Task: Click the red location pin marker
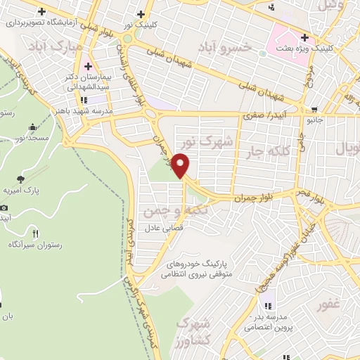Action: tap(182, 165)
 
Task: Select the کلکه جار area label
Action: tap(266, 151)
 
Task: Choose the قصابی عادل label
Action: tap(164, 228)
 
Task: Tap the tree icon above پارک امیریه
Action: tap(20, 179)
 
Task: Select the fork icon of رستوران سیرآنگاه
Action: tap(36, 232)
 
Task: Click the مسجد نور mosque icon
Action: tap(33, 127)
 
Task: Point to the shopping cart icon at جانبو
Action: tap(313, 110)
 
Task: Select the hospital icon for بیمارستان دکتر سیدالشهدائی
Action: tap(87, 67)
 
